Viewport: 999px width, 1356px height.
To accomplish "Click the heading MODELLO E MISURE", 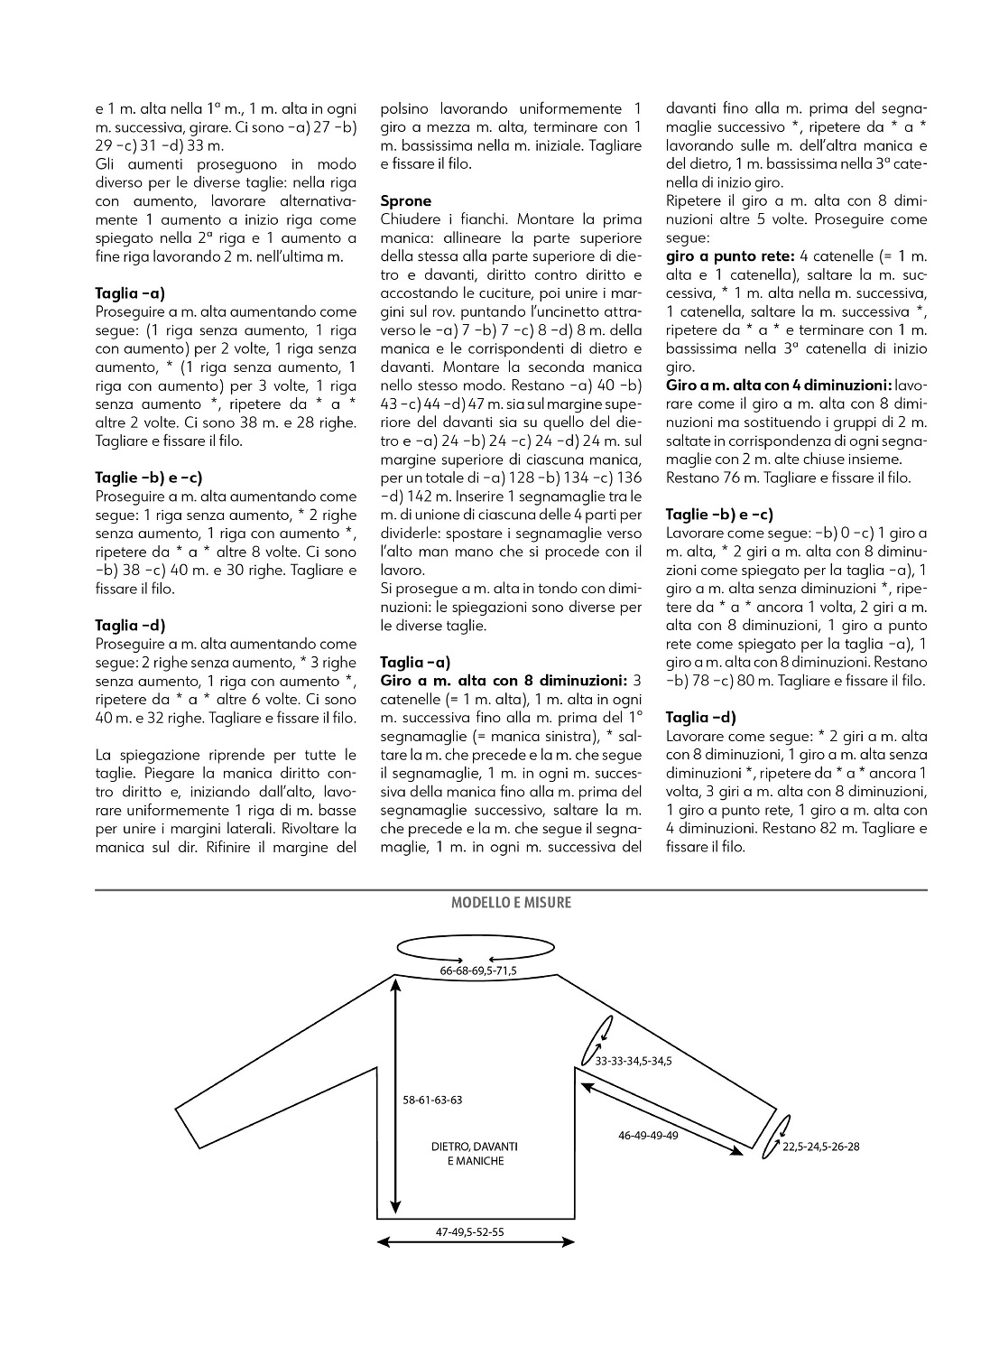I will (511, 902).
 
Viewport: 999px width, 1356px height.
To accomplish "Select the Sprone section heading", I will (406, 200).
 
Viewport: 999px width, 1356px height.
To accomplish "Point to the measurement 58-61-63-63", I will (433, 1100).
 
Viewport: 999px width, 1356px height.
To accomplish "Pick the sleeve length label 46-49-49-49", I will (648, 1135).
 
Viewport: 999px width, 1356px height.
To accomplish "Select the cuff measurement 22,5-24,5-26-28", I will (821, 1147).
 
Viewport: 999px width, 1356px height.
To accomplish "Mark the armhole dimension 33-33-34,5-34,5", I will (633, 1061).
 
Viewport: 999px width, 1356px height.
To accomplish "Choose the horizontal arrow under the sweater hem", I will (476, 1243).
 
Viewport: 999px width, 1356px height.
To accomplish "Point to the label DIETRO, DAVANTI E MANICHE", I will (476, 1153).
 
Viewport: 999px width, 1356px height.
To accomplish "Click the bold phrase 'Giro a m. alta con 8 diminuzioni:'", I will (504, 680).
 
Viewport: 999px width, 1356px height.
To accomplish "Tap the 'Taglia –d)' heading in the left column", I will (130, 625).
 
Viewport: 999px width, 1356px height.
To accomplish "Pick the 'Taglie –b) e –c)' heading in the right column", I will (719, 514).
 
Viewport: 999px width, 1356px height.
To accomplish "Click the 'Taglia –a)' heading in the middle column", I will (415, 662).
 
